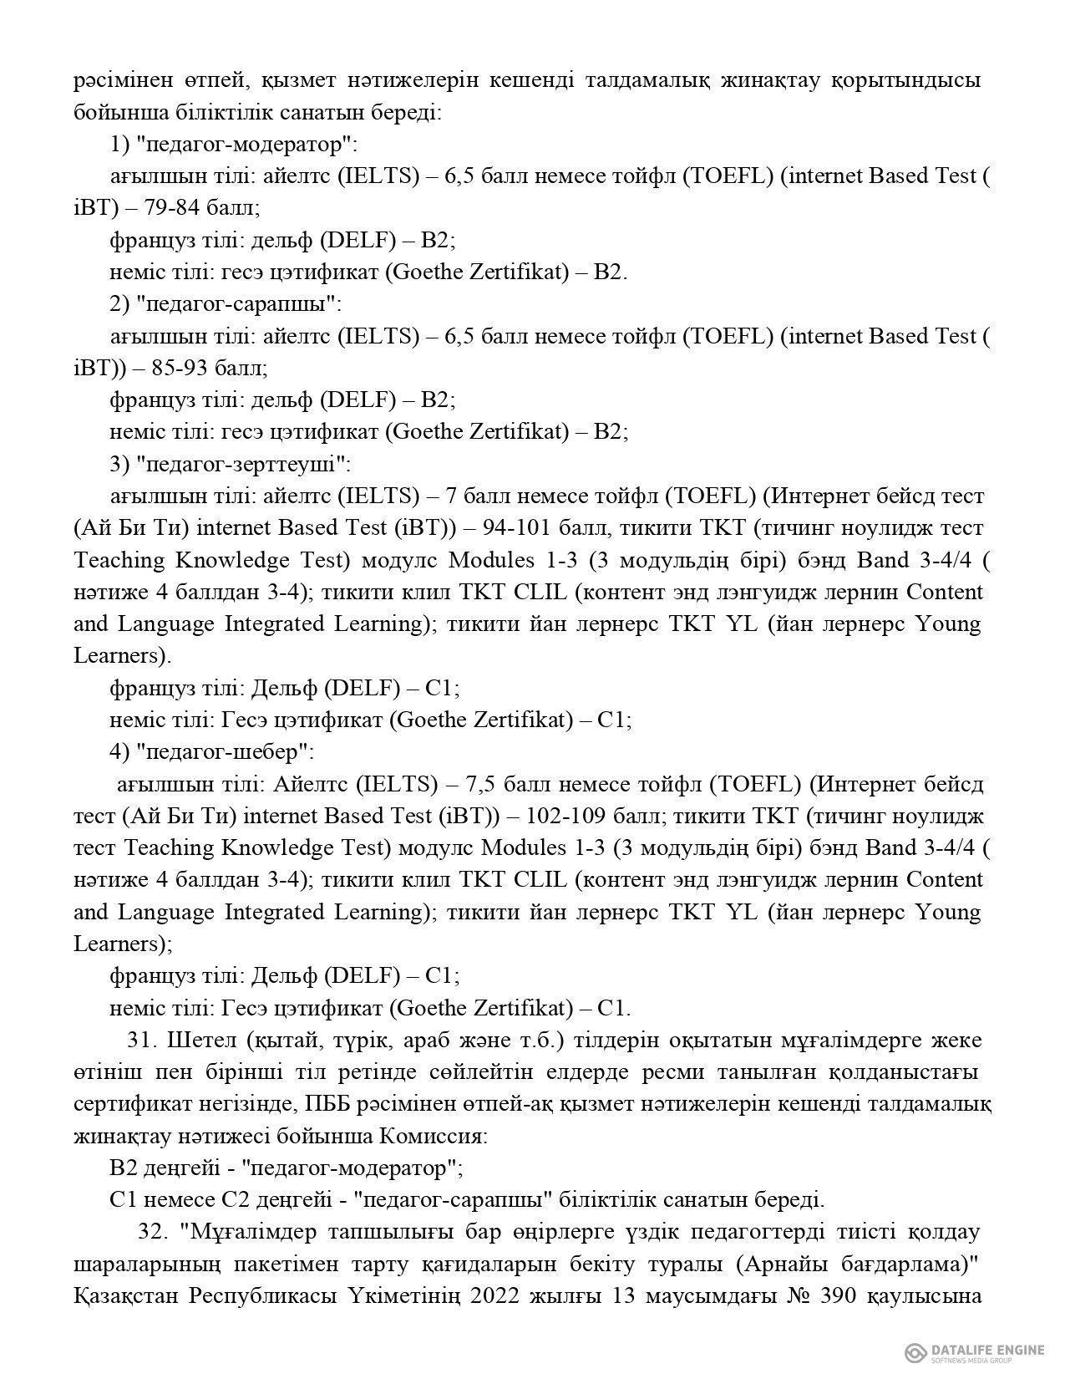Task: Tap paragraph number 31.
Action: (142, 1041)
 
